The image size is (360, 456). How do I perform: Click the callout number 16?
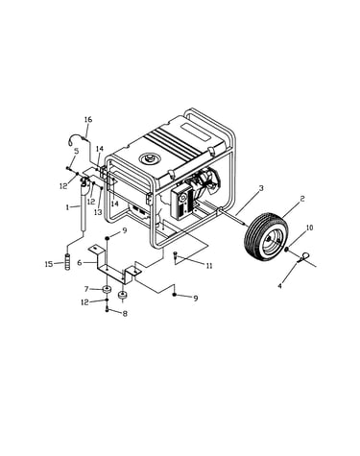click(x=88, y=120)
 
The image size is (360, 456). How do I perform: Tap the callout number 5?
click(x=76, y=151)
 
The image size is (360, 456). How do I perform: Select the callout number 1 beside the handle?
click(x=67, y=207)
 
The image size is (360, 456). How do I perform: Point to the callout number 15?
click(x=49, y=264)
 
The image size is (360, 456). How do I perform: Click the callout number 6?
click(x=80, y=263)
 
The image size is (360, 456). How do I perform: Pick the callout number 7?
click(x=86, y=289)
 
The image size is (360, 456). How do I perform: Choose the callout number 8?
click(x=125, y=314)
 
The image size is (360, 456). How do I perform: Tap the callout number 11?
click(x=209, y=266)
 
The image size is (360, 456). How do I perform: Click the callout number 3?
click(x=261, y=188)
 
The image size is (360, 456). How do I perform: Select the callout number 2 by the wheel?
click(x=302, y=199)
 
